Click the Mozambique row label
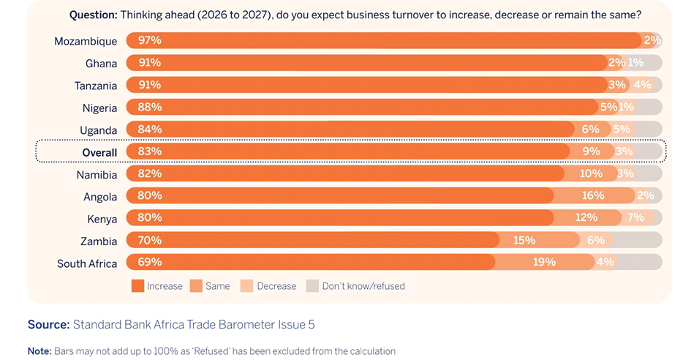pos(86,41)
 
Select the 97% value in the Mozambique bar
pos(149,40)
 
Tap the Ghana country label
pos(101,64)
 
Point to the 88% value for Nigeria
pos(149,107)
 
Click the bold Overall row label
pos(99,152)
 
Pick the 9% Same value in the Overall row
pos(591,151)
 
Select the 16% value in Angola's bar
pos(593,195)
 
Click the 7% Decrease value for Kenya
pos(635,217)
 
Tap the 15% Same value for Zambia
pos(524,240)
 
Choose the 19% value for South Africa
pos(544,262)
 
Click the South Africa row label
pos(87,263)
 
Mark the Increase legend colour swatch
pos(137,286)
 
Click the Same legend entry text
pos(218,286)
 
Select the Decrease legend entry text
pos(276,286)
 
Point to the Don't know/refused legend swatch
pos(312,286)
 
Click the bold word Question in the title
pos(93,15)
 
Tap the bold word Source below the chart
pos(48,324)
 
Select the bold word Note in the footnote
pos(39,351)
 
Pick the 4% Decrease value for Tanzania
pos(642,85)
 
